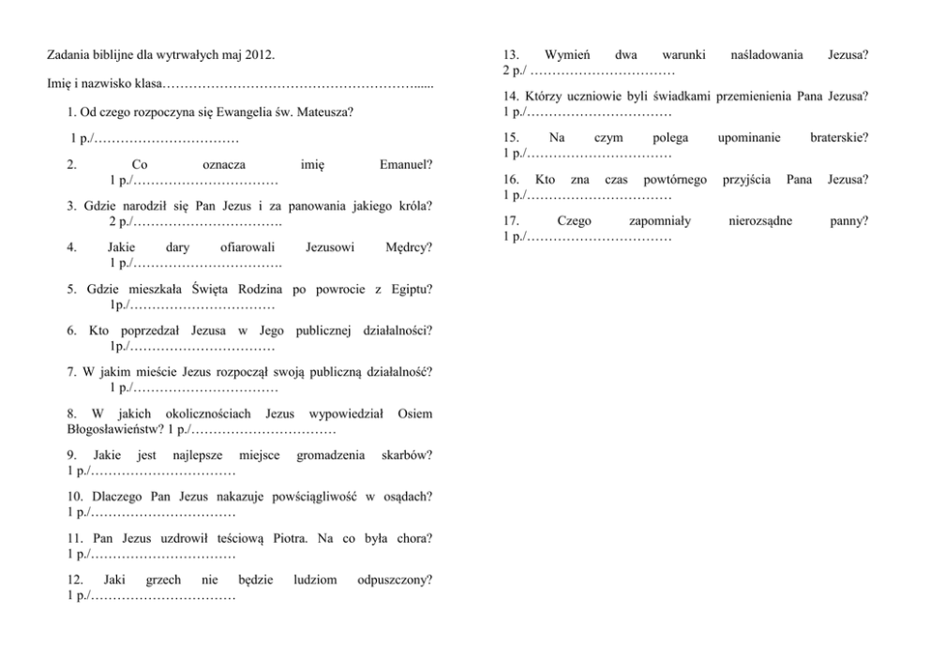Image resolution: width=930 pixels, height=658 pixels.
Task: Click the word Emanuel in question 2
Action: click(x=404, y=164)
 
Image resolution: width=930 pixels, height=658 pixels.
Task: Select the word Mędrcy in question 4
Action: click(x=408, y=247)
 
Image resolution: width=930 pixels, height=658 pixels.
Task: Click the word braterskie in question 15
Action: click(x=838, y=138)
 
